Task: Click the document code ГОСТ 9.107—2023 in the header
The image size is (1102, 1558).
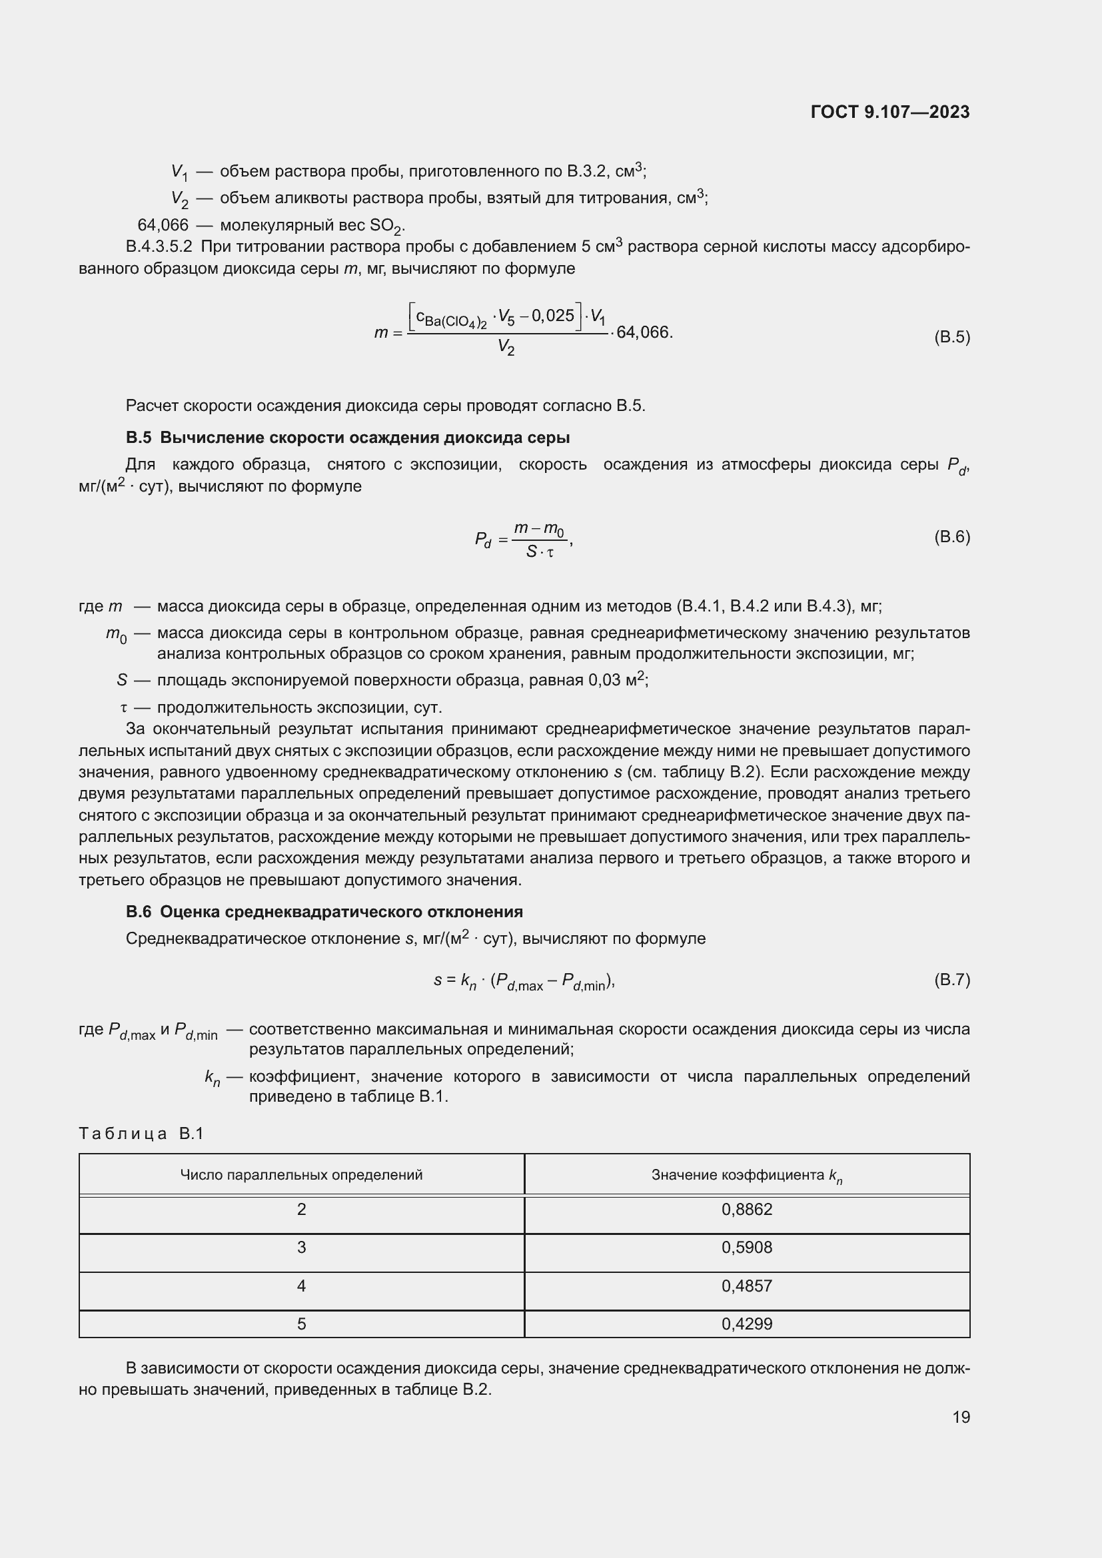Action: pyautogui.click(x=889, y=113)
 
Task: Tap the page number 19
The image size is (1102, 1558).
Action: pyautogui.click(x=961, y=1417)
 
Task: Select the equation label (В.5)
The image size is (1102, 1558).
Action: pyautogui.click(x=952, y=337)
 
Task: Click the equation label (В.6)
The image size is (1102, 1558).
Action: pyautogui.click(x=952, y=537)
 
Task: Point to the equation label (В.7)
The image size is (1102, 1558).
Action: pyautogui.click(x=952, y=979)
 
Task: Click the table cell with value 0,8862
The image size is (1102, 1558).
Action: pyautogui.click(x=746, y=1209)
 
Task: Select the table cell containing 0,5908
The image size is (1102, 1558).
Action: pyautogui.click(x=746, y=1247)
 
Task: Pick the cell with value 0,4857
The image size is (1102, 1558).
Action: pyautogui.click(x=746, y=1286)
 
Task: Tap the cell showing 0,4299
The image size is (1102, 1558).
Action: pyautogui.click(x=746, y=1324)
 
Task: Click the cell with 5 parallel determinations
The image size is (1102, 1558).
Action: pyautogui.click(x=301, y=1324)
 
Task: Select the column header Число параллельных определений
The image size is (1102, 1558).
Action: pyautogui.click(x=301, y=1174)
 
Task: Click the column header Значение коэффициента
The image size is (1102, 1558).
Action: pyautogui.click(x=746, y=1174)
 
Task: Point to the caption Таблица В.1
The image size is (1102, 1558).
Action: pyautogui.click(x=141, y=1134)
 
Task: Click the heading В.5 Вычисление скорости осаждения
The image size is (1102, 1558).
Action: pyautogui.click(x=347, y=438)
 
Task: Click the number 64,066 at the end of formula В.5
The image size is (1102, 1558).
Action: pyautogui.click(x=644, y=332)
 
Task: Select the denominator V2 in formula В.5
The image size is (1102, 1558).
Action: pyautogui.click(x=506, y=348)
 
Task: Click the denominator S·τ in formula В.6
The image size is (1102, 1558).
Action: pyautogui.click(x=540, y=552)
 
